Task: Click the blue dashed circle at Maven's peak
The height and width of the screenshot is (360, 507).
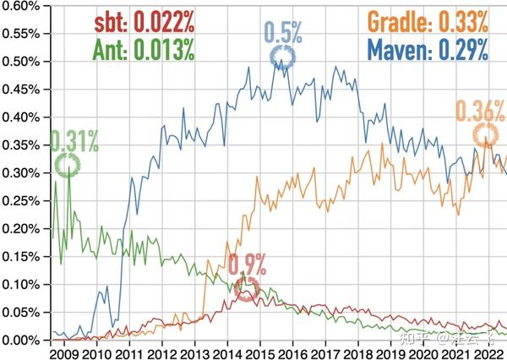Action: pos(283,57)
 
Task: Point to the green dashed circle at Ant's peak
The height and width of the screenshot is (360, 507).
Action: pos(68,165)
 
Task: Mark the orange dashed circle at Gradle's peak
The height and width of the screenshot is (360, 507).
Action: pos(484,135)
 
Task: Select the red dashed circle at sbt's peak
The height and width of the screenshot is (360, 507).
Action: pos(247,290)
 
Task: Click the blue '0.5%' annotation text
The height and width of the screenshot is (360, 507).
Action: pos(284,31)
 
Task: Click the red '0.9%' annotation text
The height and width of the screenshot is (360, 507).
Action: pos(247,264)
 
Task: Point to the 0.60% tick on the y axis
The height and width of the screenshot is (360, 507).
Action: pos(22,6)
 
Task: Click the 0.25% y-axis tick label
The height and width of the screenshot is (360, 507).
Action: pos(22,201)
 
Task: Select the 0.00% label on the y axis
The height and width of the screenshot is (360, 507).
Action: pos(22,340)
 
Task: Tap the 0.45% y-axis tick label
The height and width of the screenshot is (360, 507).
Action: pos(22,90)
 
